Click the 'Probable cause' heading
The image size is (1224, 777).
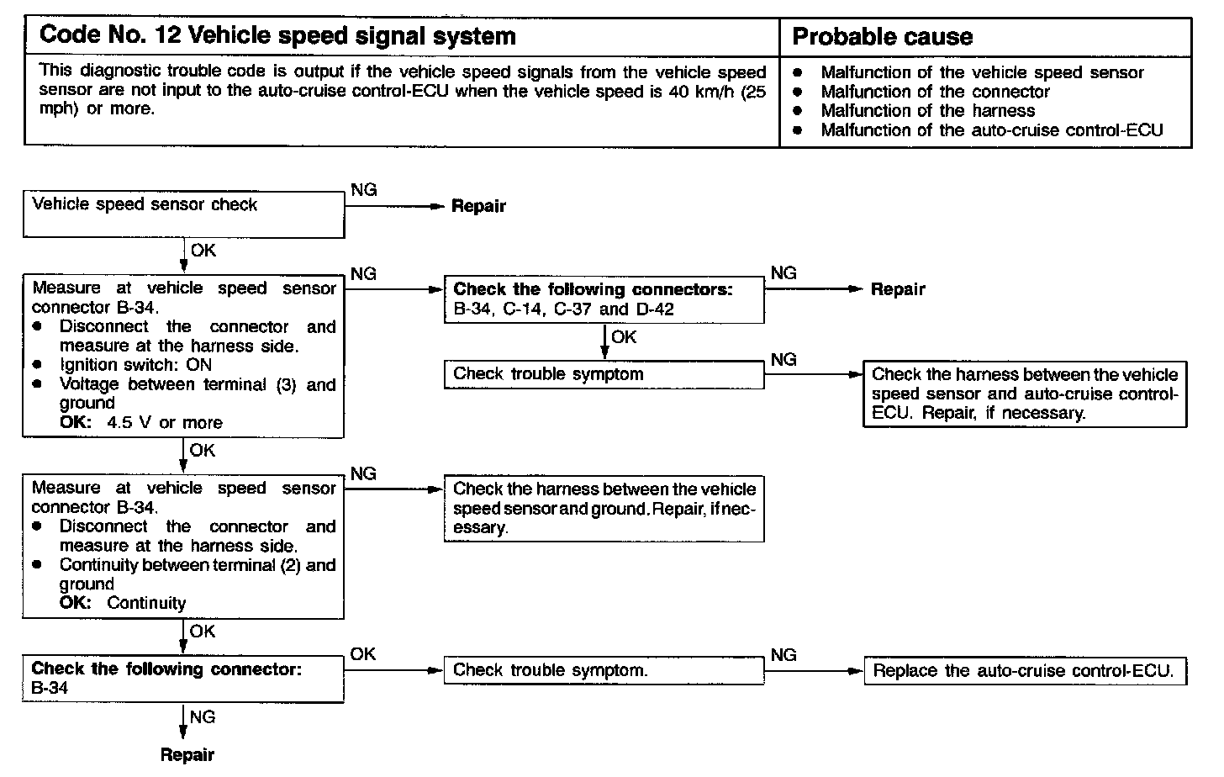882,37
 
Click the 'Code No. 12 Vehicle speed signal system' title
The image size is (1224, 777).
277,36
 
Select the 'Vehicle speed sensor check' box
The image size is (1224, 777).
183,214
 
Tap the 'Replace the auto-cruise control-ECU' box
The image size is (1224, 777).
1025,670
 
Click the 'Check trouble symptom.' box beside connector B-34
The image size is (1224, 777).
604,670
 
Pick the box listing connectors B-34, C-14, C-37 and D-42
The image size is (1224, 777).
604,299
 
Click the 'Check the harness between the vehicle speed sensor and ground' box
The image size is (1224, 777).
604,509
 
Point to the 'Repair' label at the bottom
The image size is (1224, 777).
187,755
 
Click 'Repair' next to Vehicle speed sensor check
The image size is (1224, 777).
478,206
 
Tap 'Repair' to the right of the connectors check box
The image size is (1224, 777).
898,289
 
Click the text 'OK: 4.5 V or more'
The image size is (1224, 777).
141,423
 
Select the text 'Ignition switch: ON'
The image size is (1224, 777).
135,365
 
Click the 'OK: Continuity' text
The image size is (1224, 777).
123,603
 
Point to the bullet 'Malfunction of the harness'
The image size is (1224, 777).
927,111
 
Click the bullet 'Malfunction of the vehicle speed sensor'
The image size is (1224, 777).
982,72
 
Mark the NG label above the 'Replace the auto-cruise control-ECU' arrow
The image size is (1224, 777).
783,654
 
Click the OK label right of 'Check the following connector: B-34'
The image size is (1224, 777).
363,653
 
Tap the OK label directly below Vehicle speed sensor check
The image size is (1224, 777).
203,251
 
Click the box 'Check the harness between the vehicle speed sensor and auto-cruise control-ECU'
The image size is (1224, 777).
1025,394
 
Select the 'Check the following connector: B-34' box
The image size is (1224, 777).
183,679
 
